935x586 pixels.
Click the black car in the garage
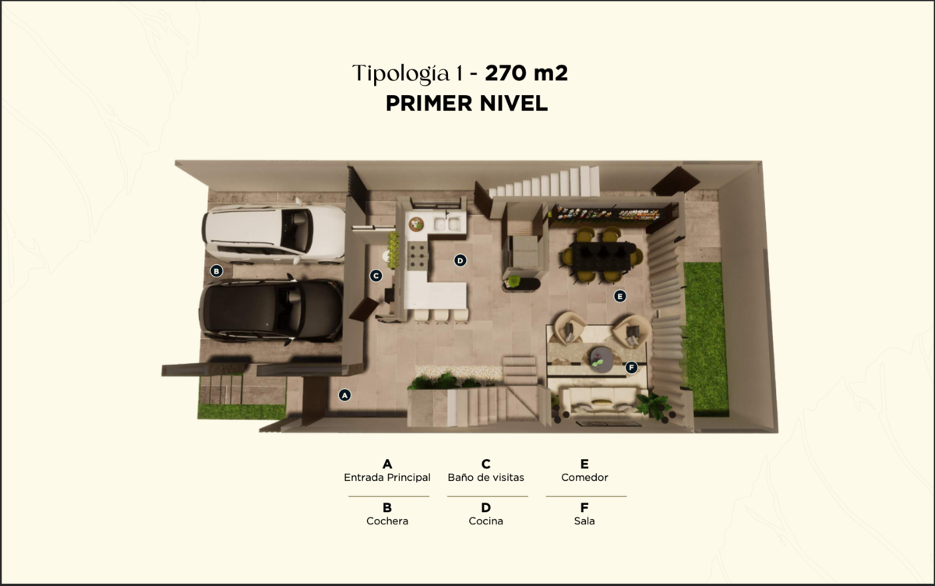click(271, 310)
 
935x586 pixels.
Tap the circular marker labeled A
click(344, 395)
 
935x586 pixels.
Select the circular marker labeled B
click(217, 271)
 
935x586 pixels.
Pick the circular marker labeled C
click(376, 276)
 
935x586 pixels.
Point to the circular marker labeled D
click(460, 260)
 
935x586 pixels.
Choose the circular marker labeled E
click(620, 296)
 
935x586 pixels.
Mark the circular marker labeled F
click(631, 367)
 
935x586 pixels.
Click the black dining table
click(601, 256)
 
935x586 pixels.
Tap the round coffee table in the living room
click(602, 358)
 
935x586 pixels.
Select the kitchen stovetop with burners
click(418, 256)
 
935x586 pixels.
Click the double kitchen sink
click(447, 224)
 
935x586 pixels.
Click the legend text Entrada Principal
click(387, 478)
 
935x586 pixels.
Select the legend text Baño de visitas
click(486, 478)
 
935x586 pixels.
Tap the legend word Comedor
click(584, 478)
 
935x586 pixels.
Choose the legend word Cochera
click(387, 521)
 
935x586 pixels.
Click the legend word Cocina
click(486, 521)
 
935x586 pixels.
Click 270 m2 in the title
click(527, 73)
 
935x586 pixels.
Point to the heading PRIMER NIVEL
click(467, 103)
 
